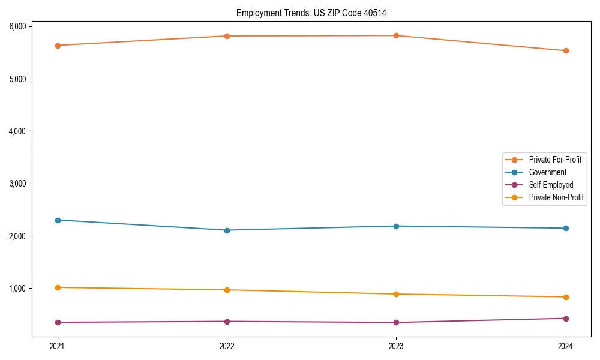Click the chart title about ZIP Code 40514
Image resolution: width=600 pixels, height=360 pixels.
coord(315,13)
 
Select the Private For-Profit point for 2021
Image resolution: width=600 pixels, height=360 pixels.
coord(58,46)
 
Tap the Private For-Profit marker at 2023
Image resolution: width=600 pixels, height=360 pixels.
coord(397,36)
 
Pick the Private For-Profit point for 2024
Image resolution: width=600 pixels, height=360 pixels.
coord(566,51)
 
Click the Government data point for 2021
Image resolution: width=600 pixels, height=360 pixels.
coord(58,220)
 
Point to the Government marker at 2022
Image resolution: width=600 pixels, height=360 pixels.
coord(227,230)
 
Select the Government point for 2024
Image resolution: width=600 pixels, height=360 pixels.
coord(566,229)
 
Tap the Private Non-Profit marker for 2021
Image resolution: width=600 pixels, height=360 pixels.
coord(58,287)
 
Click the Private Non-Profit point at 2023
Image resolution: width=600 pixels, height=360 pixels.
coord(397,294)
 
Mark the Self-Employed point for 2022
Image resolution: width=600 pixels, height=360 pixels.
coord(227,322)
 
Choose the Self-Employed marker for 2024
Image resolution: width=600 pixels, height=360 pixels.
coord(566,319)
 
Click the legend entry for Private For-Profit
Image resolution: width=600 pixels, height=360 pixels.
coord(554,160)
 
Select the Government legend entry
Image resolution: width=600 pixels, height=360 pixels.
coord(547,172)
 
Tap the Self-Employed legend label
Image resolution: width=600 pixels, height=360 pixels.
coord(551,185)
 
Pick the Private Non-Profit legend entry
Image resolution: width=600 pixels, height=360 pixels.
coord(556,197)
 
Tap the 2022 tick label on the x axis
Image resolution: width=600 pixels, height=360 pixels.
coord(227,346)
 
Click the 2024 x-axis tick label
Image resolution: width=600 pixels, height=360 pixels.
coord(566,346)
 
